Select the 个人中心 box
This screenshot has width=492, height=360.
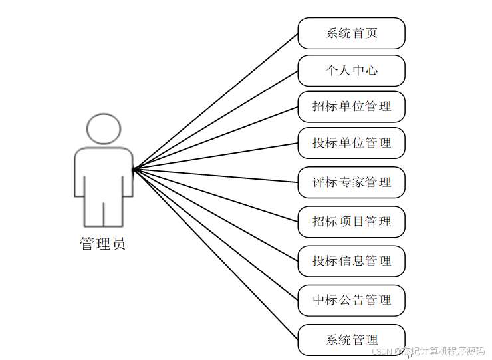pyautogui.click(x=351, y=70)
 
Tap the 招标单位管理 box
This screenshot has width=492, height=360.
pyautogui.click(x=351, y=106)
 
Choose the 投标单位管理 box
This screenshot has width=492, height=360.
pyautogui.click(x=351, y=143)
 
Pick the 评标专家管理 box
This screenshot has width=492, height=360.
pyautogui.click(x=351, y=182)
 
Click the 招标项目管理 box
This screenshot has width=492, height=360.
pyautogui.click(x=351, y=222)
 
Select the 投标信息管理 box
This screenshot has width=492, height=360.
pyautogui.click(x=351, y=261)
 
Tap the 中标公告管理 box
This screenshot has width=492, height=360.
pyautogui.click(x=351, y=300)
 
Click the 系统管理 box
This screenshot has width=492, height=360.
pyautogui.click(x=351, y=340)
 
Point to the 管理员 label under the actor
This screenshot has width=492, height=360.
pyautogui.click(x=103, y=244)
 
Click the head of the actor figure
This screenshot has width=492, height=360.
pyautogui.click(x=104, y=129)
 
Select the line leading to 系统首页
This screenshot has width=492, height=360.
pyautogui.click(x=215, y=100)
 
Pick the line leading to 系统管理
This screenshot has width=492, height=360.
pyautogui.click(x=215, y=254)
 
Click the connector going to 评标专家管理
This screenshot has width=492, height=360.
pyautogui.click(x=215, y=176)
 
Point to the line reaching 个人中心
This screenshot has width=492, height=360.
pyautogui.click(x=215, y=119)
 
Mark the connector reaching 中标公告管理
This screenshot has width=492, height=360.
pyautogui.click(x=215, y=234)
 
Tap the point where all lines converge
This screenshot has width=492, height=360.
pyautogui.click(x=134, y=169)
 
